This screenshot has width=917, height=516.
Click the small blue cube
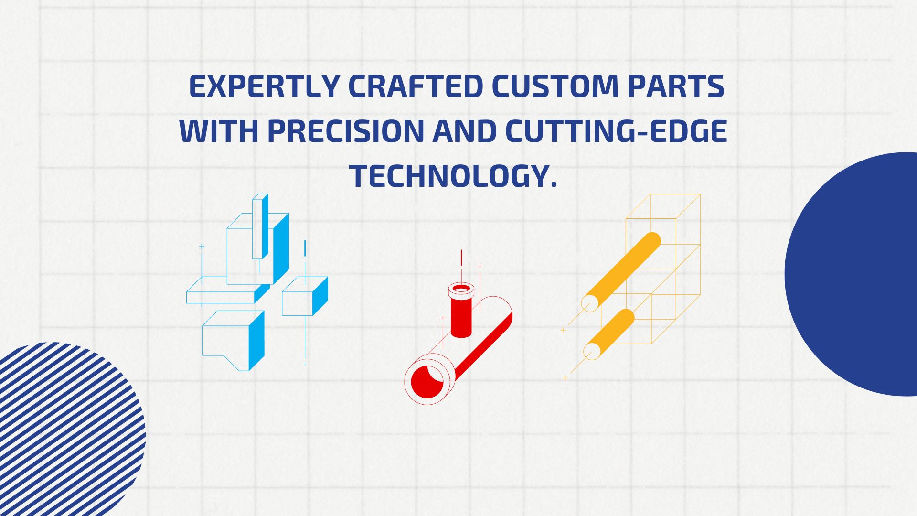tap(305, 296)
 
